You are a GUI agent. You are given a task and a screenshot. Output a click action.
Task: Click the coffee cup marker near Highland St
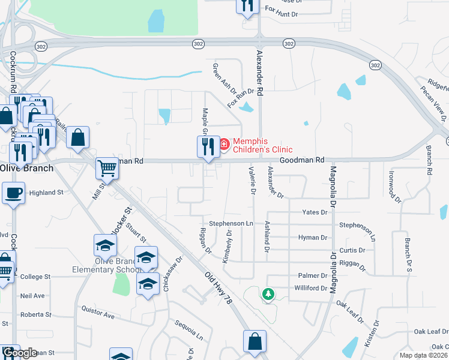[x=13, y=193]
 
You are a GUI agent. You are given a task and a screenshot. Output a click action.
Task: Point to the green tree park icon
[x=269, y=294]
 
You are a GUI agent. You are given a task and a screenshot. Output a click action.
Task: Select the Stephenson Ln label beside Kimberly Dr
[x=231, y=223]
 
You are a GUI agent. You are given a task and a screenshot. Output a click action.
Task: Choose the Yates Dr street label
[x=315, y=212]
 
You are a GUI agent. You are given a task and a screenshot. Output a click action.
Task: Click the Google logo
[x=19, y=353]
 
